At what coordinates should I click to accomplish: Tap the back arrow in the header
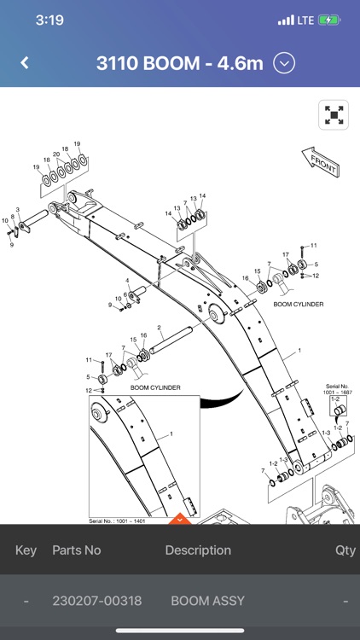[x=25, y=62]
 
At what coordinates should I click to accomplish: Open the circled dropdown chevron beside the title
[x=285, y=62]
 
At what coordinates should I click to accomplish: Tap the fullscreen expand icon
[x=334, y=114]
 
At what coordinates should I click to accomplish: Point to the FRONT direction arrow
[x=321, y=161]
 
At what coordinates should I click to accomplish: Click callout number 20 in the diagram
[x=56, y=154]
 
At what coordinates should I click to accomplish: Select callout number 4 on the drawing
[x=127, y=281]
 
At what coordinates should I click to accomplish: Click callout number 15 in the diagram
[x=132, y=340]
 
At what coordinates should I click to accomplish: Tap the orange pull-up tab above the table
[x=179, y=518]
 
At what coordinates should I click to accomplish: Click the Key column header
[x=26, y=550]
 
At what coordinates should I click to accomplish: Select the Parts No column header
[x=76, y=550]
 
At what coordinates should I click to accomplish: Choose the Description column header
[x=198, y=550]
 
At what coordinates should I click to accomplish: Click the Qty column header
[x=345, y=550]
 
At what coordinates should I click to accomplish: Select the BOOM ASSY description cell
[x=207, y=601]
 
